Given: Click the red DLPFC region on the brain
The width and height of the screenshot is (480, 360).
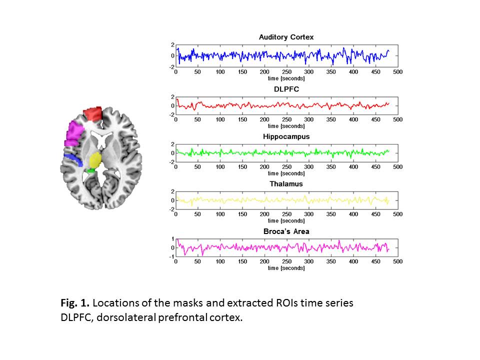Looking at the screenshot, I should pos(92,114).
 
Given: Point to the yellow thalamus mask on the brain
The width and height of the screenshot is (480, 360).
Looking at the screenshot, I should pos(95,160).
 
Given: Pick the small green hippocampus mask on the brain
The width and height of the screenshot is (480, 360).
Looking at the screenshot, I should pos(90,170).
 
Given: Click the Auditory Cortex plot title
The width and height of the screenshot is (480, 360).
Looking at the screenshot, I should pos(286,37).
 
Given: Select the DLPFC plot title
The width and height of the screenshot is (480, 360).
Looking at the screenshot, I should pos(286,89).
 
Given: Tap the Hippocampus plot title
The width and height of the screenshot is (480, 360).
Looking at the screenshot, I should pos(286,136).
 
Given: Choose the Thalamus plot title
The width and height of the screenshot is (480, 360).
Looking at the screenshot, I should pos(286,184).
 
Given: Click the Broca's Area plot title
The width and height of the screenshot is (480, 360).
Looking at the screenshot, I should pos(286,231).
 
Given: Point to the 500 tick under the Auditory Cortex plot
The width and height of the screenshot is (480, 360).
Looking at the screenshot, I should pos(397,72).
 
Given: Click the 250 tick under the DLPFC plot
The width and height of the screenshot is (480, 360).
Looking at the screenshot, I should pos(286,120).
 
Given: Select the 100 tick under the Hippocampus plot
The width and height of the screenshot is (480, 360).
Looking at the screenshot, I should pos(220,167).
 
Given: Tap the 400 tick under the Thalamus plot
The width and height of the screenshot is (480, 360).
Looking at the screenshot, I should pos(353,214).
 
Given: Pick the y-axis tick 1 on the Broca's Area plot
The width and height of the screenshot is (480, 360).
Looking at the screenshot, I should pos(172,239).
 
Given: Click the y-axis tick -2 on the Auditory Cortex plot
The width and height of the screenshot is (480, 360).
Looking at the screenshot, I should pos(171,67).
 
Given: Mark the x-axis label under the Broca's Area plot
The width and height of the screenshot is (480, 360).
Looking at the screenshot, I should pos(286,268).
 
